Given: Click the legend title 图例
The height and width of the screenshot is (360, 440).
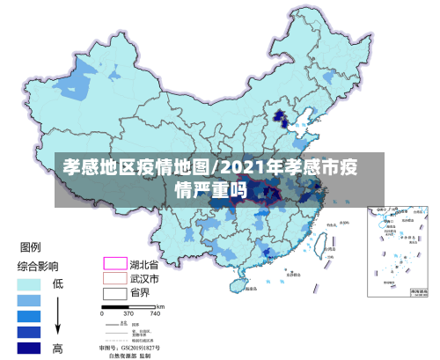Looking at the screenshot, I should [x=36, y=247].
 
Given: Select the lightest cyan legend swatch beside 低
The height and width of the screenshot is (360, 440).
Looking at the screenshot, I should [x=30, y=284].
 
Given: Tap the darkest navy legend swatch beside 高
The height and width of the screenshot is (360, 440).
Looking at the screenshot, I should [x=30, y=348].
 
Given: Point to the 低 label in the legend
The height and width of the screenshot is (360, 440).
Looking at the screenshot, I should [x=58, y=283].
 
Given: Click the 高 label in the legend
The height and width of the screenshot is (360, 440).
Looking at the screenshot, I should [x=58, y=348].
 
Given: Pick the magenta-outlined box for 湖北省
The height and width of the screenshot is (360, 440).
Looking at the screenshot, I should [x=114, y=263].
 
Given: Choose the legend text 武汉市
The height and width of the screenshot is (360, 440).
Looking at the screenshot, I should [x=145, y=278].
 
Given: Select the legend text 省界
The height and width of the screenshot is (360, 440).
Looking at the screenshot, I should [x=140, y=293].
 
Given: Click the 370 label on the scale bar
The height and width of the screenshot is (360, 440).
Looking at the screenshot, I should [x=129, y=312].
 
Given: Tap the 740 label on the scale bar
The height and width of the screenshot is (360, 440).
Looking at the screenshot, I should [x=155, y=312].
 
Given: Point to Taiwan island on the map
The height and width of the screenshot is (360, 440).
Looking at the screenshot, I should [x=330, y=249].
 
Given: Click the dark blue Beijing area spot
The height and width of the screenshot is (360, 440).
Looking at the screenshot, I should [x=281, y=114].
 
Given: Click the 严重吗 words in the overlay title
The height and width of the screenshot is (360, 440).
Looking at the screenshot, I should [x=219, y=189].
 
